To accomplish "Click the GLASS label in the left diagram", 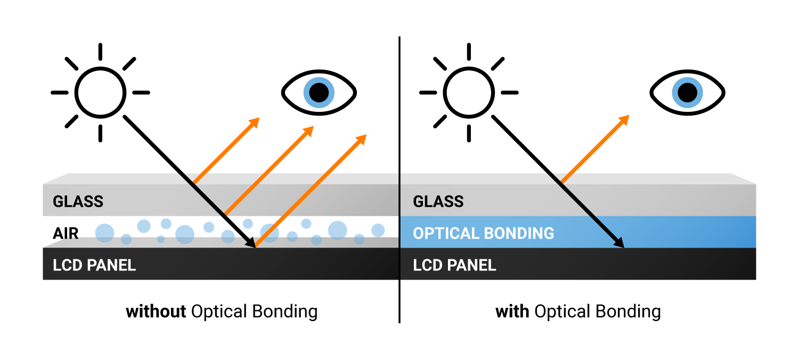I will point(78,201).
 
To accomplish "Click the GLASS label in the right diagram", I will point(438,201).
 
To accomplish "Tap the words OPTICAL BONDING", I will point(483,233).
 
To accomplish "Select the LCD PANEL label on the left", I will point(94,265).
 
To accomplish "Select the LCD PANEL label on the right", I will point(454,265).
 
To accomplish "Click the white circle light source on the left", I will point(100,93).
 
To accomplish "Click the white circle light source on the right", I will point(469,93).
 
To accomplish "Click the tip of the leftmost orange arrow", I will point(255,122).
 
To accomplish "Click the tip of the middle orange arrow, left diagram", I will point(309,130).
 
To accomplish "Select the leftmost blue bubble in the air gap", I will point(104,233).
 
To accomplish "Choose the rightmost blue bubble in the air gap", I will point(378,230).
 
